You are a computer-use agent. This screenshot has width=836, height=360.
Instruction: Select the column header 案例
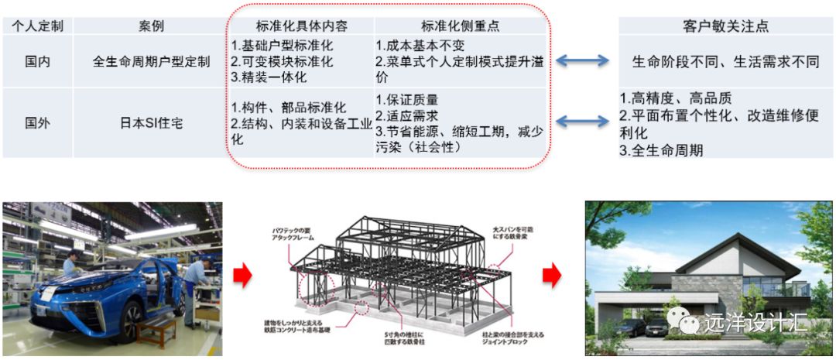pyautogui.click(x=151, y=26)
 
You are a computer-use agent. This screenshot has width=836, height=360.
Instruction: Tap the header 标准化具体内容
pyautogui.click(x=301, y=26)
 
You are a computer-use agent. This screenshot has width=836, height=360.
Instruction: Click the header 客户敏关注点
pyautogui.click(x=725, y=26)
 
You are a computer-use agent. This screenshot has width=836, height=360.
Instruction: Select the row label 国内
pyautogui.click(x=37, y=61)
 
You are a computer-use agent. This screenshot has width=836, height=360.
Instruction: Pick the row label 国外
pyautogui.click(x=37, y=122)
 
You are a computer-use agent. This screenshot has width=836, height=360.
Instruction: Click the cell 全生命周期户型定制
pyautogui.click(x=151, y=61)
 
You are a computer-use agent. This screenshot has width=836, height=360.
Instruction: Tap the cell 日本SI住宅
pyautogui.click(x=151, y=122)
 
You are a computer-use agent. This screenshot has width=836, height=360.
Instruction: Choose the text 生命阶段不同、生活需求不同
pyautogui.click(x=725, y=61)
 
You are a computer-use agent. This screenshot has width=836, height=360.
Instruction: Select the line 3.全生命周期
pyautogui.click(x=661, y=150)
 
